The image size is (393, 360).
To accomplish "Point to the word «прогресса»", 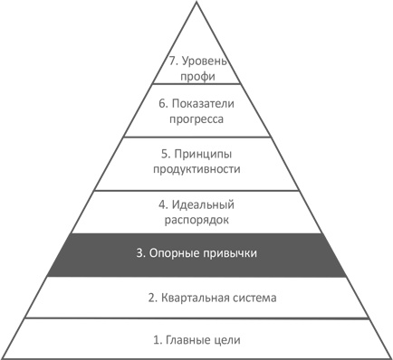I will [x=196, y=118].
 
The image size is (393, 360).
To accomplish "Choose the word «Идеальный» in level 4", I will [x=205, y=203].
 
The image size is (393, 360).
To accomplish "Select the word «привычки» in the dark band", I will [x=230, y=254].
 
